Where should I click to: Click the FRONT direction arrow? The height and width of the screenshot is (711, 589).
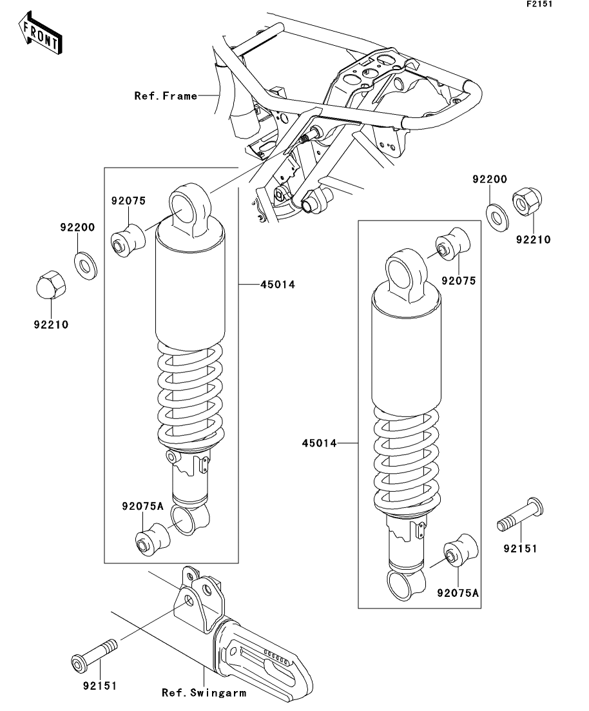40,33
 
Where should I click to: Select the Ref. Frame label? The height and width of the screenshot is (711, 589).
166,95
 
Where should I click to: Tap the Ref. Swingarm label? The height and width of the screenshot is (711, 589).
204,693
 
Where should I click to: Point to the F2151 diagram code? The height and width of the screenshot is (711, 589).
539,4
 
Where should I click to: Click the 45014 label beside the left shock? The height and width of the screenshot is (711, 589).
278,284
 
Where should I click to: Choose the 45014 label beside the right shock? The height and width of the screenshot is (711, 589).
319,443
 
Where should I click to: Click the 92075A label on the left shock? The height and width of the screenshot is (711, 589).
142,506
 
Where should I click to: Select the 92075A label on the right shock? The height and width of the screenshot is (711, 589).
458,592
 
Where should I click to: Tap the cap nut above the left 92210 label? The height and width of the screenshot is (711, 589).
51,284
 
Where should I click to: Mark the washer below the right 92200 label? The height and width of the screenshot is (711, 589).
497,217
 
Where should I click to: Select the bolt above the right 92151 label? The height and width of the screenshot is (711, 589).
520,514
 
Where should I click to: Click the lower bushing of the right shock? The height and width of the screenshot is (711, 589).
460,550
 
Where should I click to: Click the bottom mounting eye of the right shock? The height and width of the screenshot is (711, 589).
406,585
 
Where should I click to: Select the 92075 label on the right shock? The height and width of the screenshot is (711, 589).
458,280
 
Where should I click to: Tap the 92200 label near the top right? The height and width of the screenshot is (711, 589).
490,179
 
